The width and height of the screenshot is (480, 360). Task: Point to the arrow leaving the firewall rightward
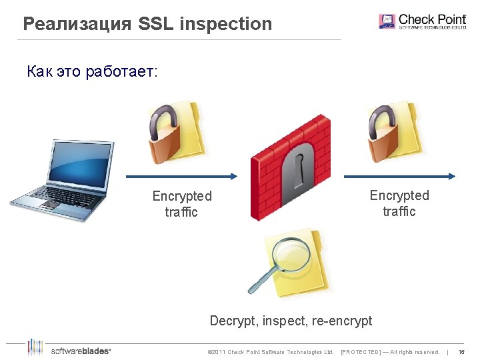tap(399, 177)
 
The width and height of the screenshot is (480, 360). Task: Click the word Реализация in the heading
tap(77, 25)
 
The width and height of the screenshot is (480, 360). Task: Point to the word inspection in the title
tap(226, 25)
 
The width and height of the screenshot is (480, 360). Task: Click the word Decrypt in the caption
tap(233, 321)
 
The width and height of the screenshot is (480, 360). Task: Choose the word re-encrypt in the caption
tap(341, 321)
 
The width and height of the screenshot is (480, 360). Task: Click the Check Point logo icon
tap(387, 21)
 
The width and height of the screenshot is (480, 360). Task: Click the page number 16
tap(461, 352)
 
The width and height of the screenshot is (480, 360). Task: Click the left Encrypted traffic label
tap(182, 204)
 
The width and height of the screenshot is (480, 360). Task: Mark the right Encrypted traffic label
tap(399, 203)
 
